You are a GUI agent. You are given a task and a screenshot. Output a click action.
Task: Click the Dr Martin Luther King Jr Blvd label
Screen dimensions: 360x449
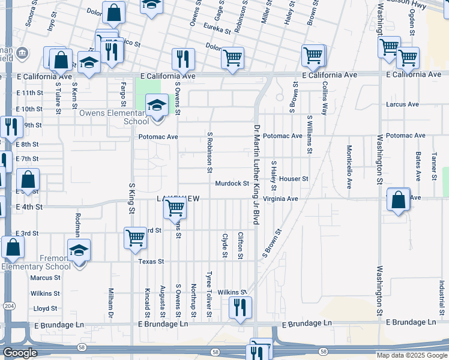click(x=256, y=175)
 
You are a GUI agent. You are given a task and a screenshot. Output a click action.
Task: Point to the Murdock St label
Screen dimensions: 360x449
click(x=232, y=183)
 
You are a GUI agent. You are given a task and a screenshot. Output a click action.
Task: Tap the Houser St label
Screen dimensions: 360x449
click(x=293, y=179)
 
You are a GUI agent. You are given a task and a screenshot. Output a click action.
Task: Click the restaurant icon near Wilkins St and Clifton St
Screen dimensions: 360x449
click(x=240, y=308)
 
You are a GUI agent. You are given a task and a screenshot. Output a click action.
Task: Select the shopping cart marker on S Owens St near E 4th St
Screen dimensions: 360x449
click(x=175, y=208)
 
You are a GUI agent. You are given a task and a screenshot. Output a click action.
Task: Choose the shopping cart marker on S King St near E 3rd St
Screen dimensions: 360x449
click(x=136, y=238)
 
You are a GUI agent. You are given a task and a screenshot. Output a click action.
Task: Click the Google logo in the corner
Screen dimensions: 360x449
click(x=20, y=353)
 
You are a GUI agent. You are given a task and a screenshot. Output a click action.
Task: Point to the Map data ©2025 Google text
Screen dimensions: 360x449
click(x=412, y=355)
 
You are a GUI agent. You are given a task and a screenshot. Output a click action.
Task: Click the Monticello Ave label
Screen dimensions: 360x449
click(x=349, y=167)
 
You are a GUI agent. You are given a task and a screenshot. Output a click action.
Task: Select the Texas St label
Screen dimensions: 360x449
click(x=151, y=262)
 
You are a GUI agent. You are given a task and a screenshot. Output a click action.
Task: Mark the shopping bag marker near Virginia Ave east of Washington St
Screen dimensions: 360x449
click(x=399, y=200)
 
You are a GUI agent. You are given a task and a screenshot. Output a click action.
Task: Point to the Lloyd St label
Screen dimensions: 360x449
click(x=45, y=308)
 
